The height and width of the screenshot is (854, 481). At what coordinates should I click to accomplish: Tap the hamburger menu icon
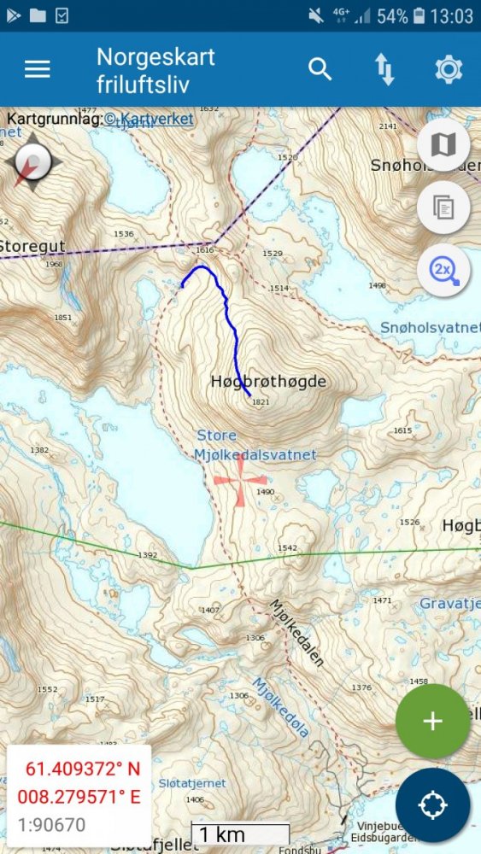coord(38,70)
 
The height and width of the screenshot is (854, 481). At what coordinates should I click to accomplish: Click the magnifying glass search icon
coord(320,70)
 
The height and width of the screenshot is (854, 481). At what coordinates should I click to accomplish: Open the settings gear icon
coord(449,70)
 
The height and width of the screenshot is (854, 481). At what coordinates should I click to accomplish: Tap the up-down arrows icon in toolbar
coord(384,70)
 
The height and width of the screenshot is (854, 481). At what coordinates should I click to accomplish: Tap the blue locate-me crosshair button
coord(432,805)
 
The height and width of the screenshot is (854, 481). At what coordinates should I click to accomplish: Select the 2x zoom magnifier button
coord(443,271)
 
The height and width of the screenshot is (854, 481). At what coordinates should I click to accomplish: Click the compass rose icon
coord(33,161)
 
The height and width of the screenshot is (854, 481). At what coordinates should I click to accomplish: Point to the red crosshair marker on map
coord(240,480)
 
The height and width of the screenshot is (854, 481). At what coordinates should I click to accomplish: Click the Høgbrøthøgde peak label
coord(268,382)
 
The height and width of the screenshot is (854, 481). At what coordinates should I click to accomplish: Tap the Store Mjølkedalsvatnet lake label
coord(255,445)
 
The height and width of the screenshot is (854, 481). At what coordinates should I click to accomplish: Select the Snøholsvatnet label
coord(430,328)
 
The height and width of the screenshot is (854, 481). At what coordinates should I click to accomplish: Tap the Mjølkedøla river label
coord(281,707)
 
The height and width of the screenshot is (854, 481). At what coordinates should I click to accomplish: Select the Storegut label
coord(32,247)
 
